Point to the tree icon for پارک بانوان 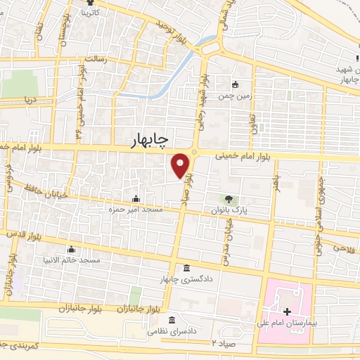point(229,199)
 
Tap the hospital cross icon point(286,311)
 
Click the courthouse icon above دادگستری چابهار point(186,269)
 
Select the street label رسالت point(94,60)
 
